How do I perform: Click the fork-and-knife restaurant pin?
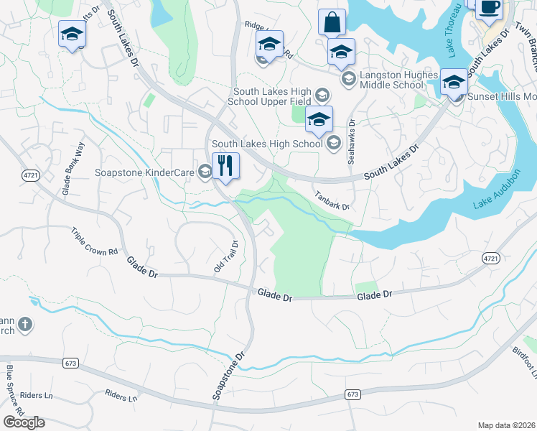point(225,166)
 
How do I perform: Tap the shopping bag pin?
point(332,22)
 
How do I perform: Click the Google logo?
point(24,422)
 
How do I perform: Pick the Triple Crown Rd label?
point(94,242)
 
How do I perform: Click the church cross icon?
point(24,325)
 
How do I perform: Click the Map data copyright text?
point(507,425)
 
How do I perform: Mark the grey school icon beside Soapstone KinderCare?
point(205,171)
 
